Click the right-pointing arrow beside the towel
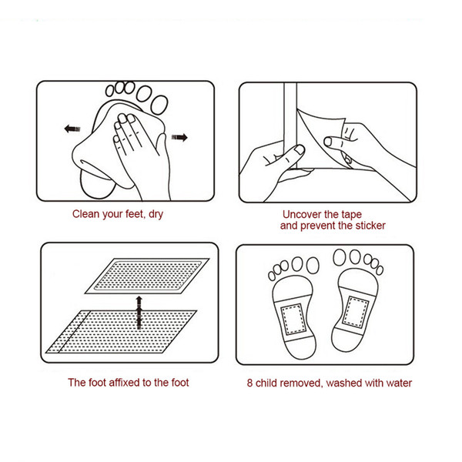[180, 138]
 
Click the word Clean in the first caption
[87, 215]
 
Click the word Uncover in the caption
[301, 215]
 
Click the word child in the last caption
[270, 383]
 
